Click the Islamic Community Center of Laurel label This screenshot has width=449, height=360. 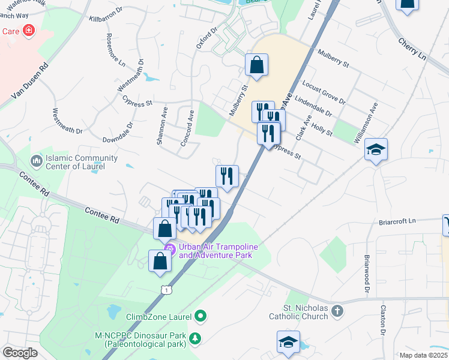[x=82, y=162]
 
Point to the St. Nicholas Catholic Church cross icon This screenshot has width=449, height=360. [x=337, y=311]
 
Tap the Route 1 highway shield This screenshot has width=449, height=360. [x=166, y=290]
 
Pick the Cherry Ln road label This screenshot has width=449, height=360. [x=412, y=49]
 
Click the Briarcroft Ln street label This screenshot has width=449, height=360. [x=397, y=221]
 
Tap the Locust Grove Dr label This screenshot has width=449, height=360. [x=325, y=92]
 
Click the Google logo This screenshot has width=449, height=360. [x=19, y=353]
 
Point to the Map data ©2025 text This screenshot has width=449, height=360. [x=424, y=355]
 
